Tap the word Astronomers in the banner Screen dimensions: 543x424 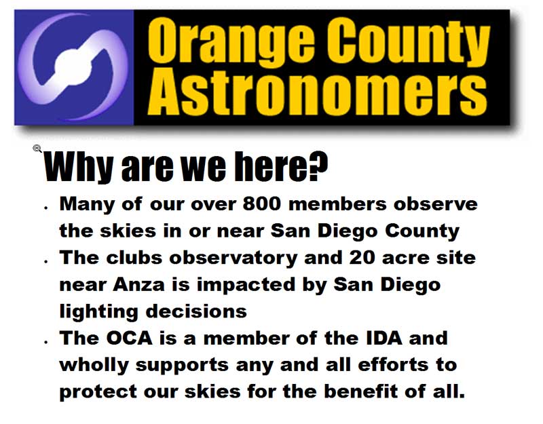pos(317,92)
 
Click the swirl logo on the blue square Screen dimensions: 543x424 pos(73,66)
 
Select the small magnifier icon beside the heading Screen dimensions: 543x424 pos(37,149)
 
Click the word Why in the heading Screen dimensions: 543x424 pos(79,167)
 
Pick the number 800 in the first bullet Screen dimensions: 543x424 pos(262,204)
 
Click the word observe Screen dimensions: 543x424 pos(436,204)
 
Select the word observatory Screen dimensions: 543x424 pos(233,258)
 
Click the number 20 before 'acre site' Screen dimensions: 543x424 pos(362,258)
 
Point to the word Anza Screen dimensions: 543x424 pos(138,284)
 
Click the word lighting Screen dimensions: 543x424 pos(98,311)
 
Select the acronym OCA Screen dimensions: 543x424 pos(129,338)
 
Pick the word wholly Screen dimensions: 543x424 pos(94,366)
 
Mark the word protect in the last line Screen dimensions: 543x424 pos(98,392)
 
